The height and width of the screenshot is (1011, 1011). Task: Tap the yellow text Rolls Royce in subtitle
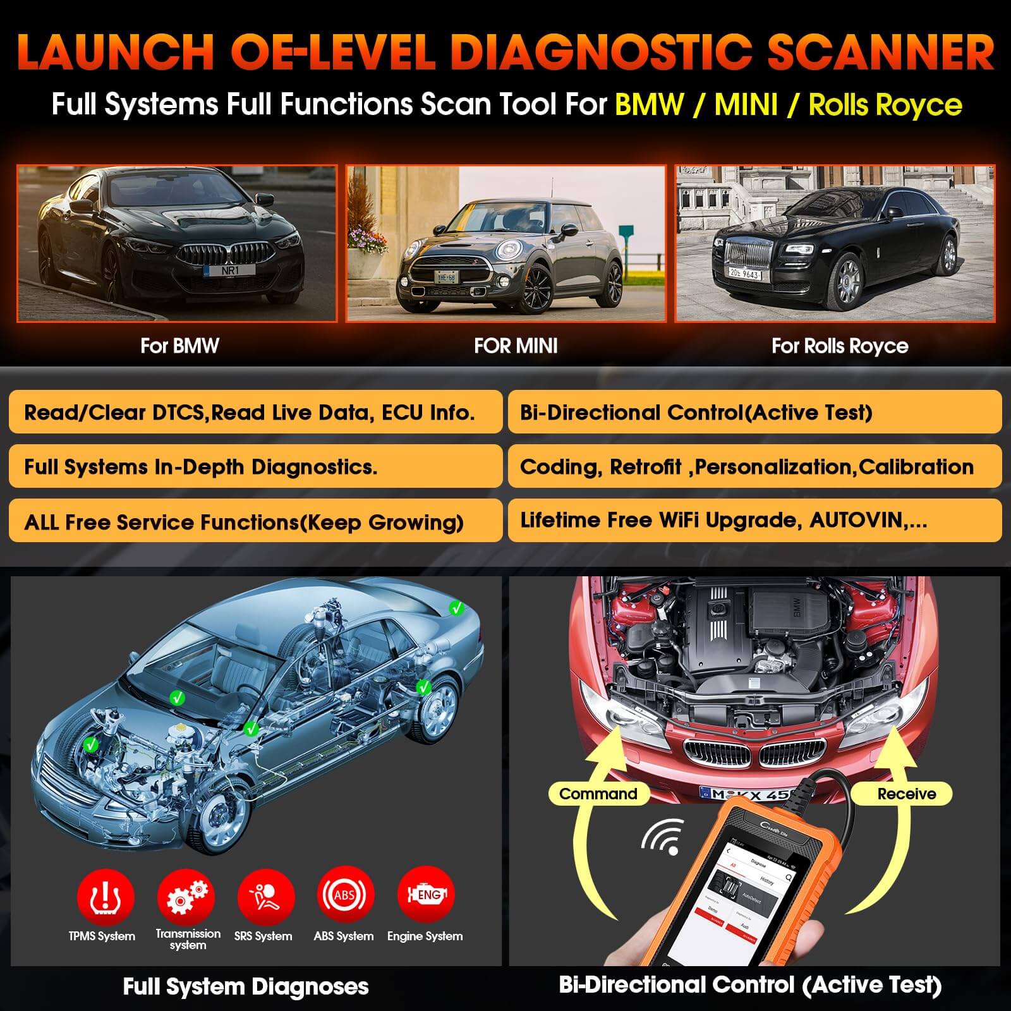pyautogui.click(x=885, y=105)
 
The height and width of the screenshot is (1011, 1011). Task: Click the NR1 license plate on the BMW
pyautogui.click(x=230, y=270)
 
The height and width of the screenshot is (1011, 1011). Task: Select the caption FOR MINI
pyautogui.click(x=516, y=346)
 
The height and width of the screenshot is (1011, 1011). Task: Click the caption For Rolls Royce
pyautogui.click(x=840, y=346)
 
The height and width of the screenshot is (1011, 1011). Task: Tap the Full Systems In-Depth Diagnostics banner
pyautogui.click(x=255, y=466)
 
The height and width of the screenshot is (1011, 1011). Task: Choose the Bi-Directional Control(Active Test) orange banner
pyautogui.click(x=754, y=412)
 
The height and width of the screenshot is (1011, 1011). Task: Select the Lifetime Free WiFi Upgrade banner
pyautogui.click(x=754, y=520)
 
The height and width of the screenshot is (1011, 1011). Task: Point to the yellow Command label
pyautogui.click(x=598, y=794)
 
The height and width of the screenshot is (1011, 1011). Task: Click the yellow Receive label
pyautogui.click(x=906, y=794)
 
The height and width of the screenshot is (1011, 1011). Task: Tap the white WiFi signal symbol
pyautogui.click(x=664, y=837)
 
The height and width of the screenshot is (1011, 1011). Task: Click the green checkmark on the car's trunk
pyautogui.click(x=456, y=608)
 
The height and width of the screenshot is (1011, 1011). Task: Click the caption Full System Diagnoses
pyautogui.click(x=246, y=986)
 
